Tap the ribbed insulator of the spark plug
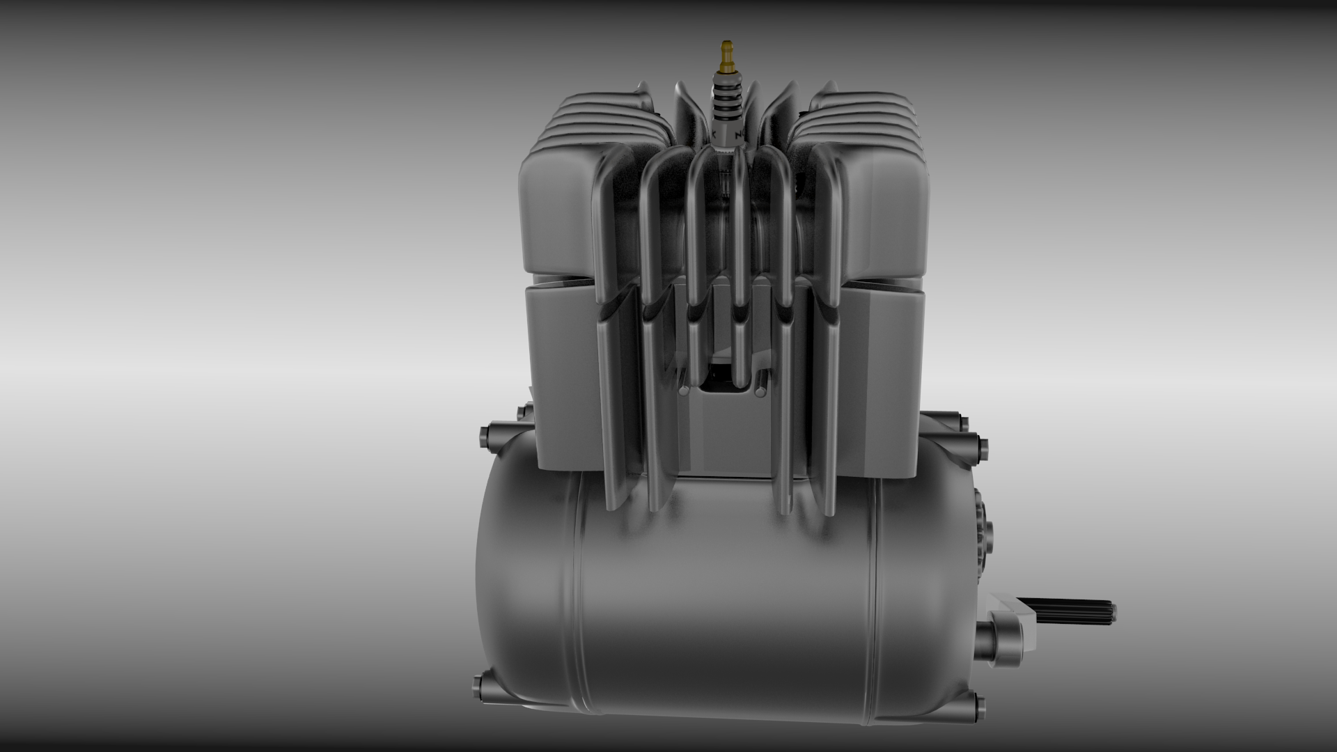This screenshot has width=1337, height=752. click(726, 104)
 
